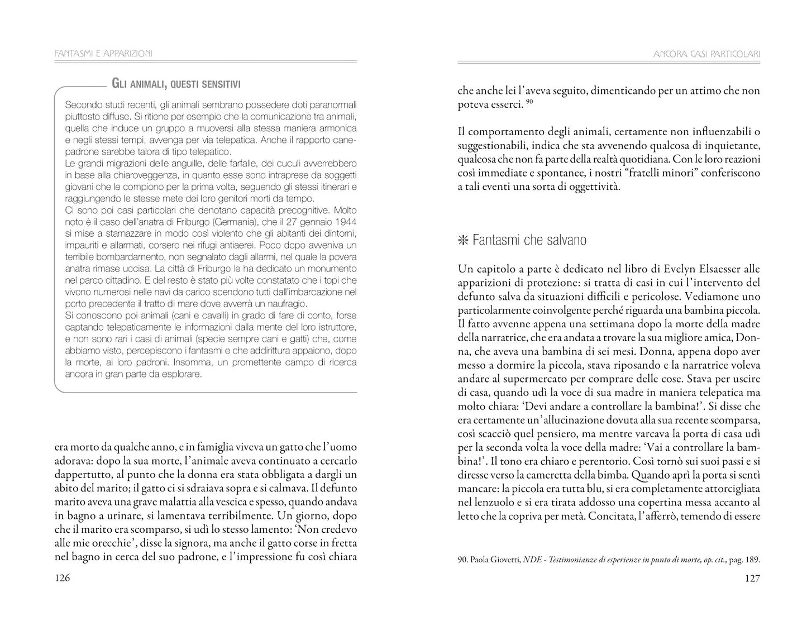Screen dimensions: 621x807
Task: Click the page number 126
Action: pos(62,579)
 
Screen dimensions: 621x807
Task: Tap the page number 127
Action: pos(752,579)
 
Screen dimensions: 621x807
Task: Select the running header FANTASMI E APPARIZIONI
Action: pos(104,54)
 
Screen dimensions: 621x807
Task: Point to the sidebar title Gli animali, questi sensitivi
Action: pos(176,84)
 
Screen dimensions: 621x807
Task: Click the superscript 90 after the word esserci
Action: pos(531,101)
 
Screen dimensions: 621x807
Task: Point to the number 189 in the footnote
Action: pos(752,560)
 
